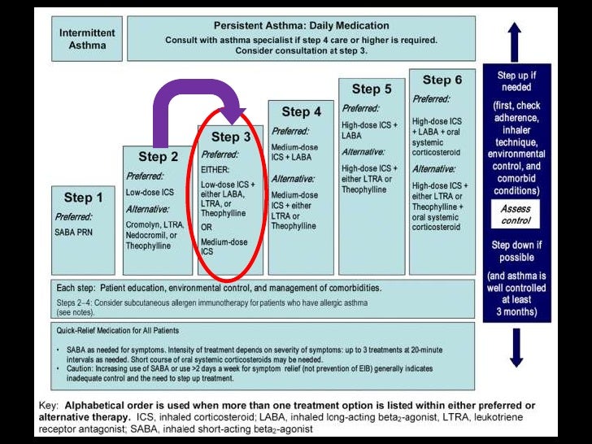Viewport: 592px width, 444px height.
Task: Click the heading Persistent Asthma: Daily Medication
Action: pos(300,26)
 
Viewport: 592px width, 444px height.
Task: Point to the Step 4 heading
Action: pos(301,111)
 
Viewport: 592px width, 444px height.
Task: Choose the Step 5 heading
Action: pos(372,89)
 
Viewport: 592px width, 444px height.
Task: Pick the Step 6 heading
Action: pos(442,80)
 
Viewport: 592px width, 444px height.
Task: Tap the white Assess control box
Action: pos(514,215)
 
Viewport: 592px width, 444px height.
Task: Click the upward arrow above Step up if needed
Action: pos(514,41)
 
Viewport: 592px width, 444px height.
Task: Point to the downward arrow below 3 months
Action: pos(514,347)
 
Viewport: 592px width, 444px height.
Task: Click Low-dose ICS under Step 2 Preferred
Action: pos(150,192)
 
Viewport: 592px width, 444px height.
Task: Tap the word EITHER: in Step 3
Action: pos(216,170)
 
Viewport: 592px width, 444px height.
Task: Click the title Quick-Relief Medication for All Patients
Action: pos(118,330)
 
